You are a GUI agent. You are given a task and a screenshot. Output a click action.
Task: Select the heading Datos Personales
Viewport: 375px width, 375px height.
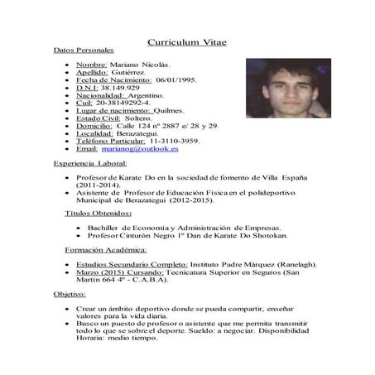(x=78, y=51)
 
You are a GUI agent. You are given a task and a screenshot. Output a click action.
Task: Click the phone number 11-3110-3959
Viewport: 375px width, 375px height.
(x=175, y=141)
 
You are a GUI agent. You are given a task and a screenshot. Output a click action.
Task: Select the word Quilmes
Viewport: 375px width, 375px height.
(x=171, y=110)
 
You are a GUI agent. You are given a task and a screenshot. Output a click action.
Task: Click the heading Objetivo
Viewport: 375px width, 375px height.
(x=70, y=294)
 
